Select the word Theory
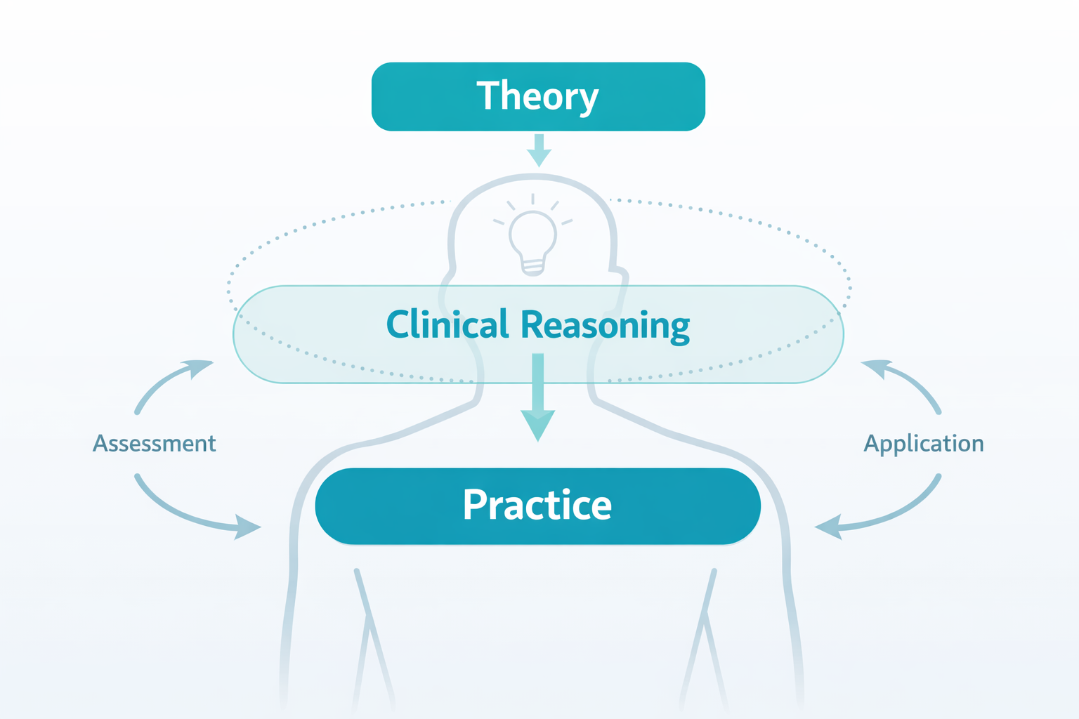pos(537,96)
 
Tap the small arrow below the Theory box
pos(539,150)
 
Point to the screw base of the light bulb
pos(532,265)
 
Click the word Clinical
pos(447,324)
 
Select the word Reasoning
pos(605,326)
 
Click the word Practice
pos(537,505)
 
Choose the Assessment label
pos(155,444)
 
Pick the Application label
pos(923,444)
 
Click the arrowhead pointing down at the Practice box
pos(538,424)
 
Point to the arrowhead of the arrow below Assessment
pos(247,527)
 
